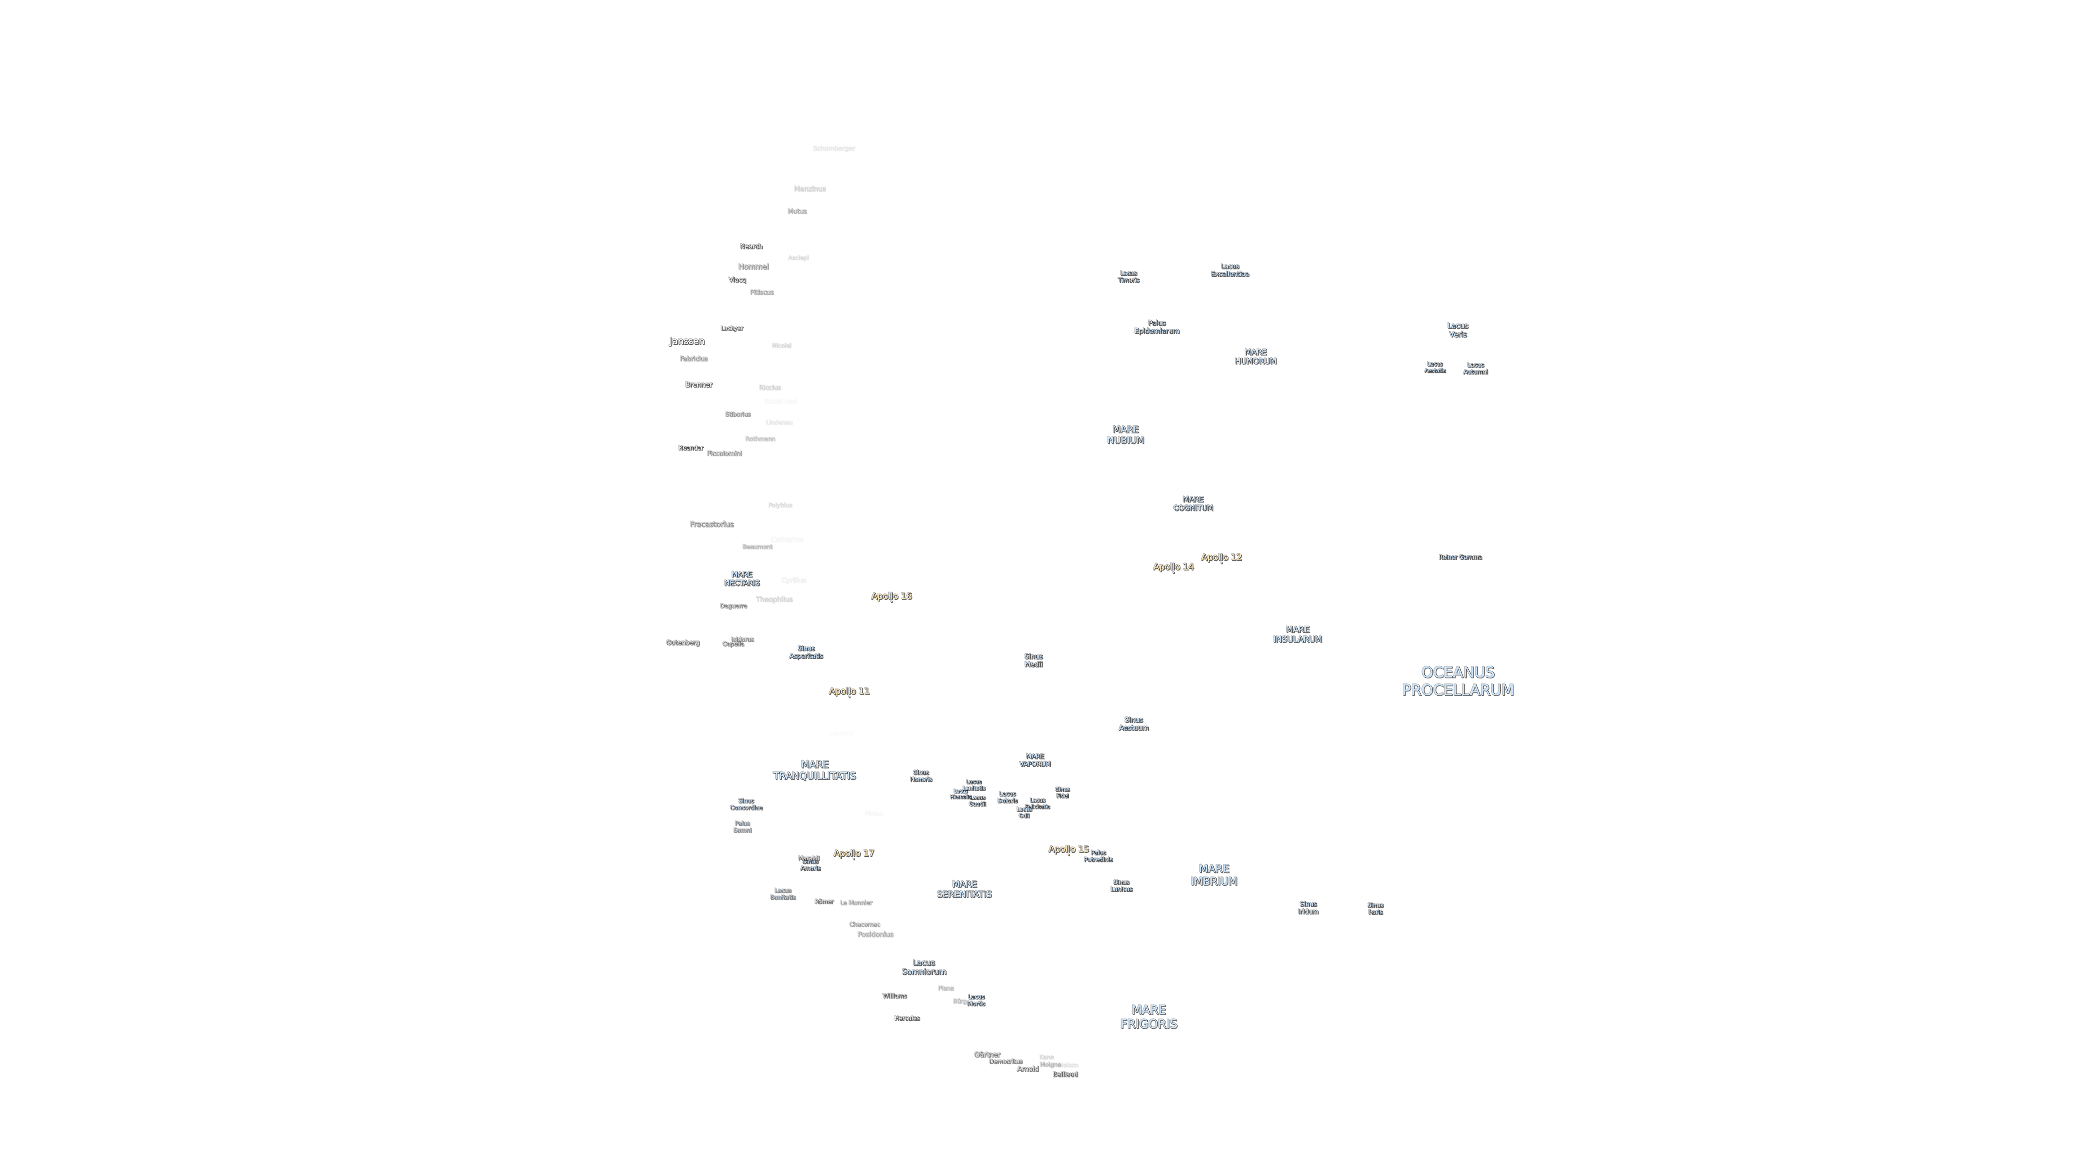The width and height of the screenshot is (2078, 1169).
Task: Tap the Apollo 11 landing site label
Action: click(849, 691)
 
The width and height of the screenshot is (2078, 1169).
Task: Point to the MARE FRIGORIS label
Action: click(1148, 1016)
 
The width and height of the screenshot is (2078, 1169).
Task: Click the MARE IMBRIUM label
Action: click(1213, 875)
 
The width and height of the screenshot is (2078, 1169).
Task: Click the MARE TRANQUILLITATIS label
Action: click(814, 770)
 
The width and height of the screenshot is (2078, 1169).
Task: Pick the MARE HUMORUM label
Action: click(1255, 356)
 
